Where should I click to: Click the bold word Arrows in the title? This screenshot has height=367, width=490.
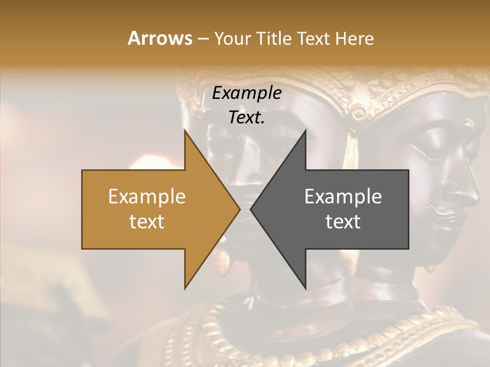coord(159,38)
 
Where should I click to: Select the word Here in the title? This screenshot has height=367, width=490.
coord(354,39)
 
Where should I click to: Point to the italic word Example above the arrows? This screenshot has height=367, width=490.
coord(247,93)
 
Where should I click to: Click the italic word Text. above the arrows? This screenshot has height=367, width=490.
coord(247,118)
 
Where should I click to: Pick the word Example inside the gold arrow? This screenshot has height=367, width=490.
coord(147,197)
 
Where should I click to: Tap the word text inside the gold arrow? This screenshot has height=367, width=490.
coord(147,222)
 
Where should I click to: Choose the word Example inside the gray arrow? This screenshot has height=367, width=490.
coord(343,197)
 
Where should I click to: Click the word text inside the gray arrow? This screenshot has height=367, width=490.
coord(343,222)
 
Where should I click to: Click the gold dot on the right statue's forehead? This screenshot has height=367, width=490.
coord(470,123)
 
